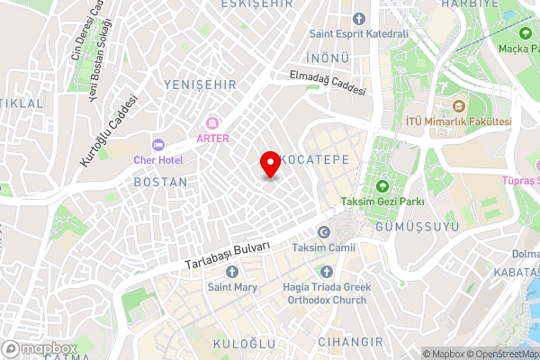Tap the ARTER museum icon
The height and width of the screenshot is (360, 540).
[x=212, y=122]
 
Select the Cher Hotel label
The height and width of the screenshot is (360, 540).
[x=158, y=159]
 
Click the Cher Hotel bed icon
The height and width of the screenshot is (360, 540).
[x=158, y=144]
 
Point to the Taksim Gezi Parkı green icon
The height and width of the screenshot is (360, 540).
[x=382, y=186]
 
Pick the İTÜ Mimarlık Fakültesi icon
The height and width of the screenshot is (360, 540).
[x=445, y=106]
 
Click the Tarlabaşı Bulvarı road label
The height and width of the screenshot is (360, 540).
[x=228, y=256]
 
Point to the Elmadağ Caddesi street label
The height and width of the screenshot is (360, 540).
[x=328, y=84]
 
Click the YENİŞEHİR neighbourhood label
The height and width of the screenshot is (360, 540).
[x=200, y=84]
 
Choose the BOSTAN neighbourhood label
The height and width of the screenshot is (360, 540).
[x=160, y=182]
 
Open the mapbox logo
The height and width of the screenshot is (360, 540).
[x=39, y=348]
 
